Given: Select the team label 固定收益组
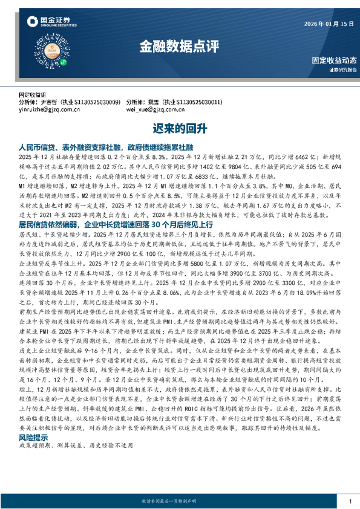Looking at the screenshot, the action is (33, 96).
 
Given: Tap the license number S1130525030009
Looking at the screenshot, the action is (97, 103).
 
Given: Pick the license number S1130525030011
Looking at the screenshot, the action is (200, 103).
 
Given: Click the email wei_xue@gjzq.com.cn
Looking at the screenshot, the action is (155, 110).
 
